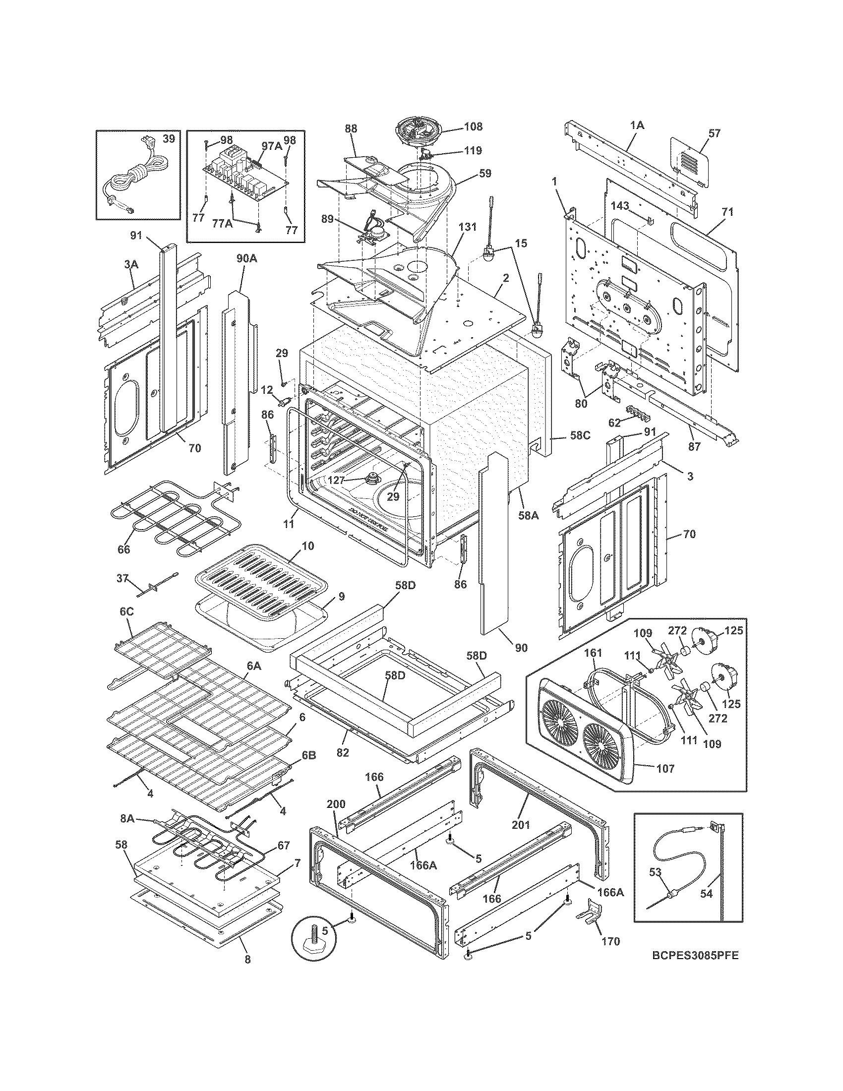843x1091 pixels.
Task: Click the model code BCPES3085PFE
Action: pyautogui.click(x=695, y=955)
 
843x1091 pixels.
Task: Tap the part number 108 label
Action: pyautogui.click(x=474, y=126)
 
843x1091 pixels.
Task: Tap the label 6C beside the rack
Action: pyautogui.click(x=126, y=611)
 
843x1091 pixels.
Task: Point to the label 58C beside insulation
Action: pyautogui.click(x=580, y=435)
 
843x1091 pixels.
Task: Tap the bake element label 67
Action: pyautogui.click(x=284, y=845)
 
